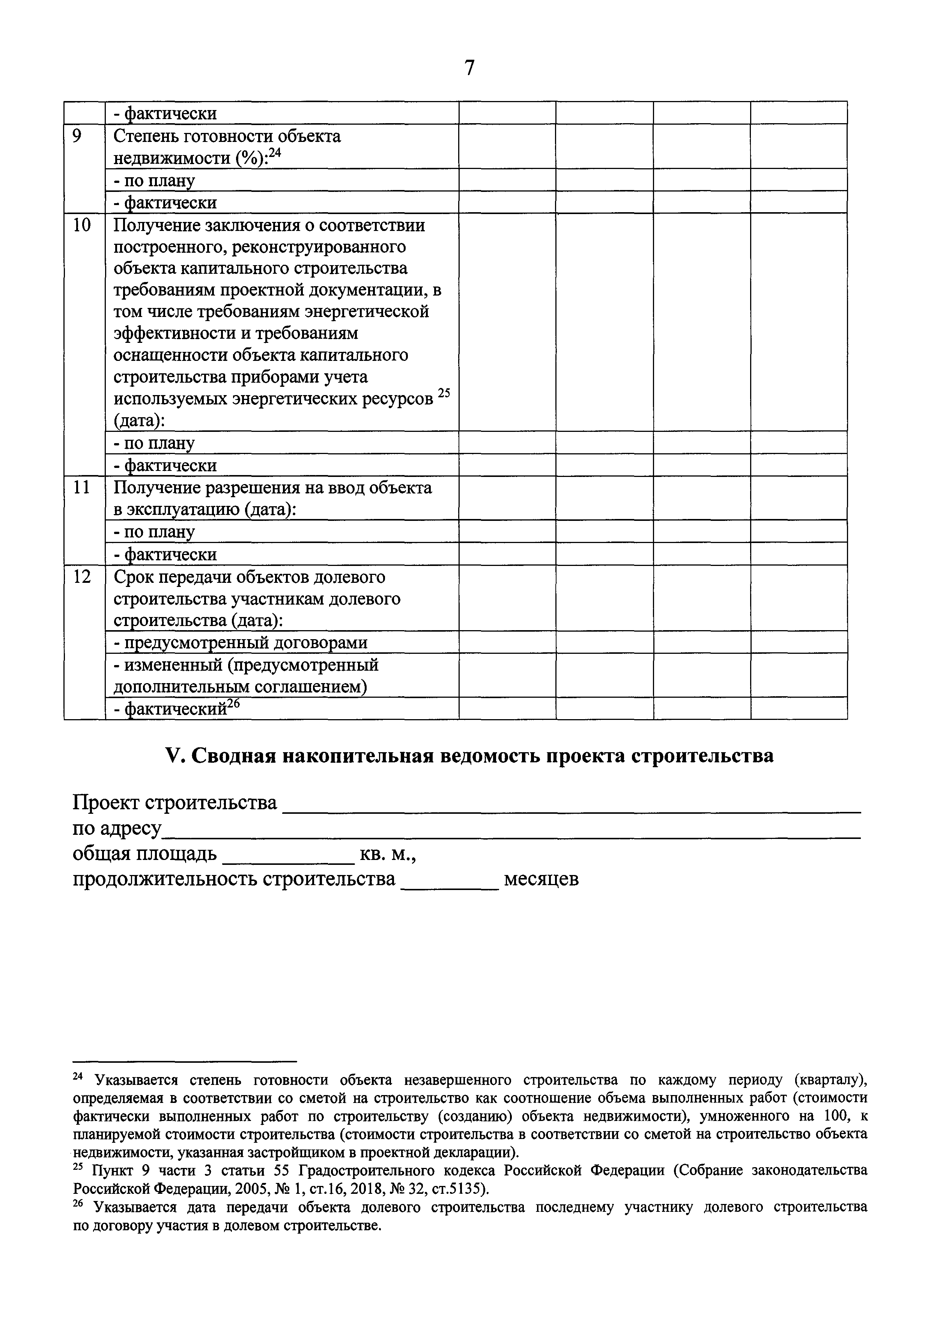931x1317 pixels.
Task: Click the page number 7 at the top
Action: (x=469, y=68)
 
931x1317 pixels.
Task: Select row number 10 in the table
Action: (x=82, y=225)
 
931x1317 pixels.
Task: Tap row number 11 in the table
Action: (x=82, y=487)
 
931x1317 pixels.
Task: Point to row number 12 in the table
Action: (x=82, y=576)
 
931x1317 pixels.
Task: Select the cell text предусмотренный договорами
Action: (x=241, y=643)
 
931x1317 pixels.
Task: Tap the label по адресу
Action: (x=117, y=829)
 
